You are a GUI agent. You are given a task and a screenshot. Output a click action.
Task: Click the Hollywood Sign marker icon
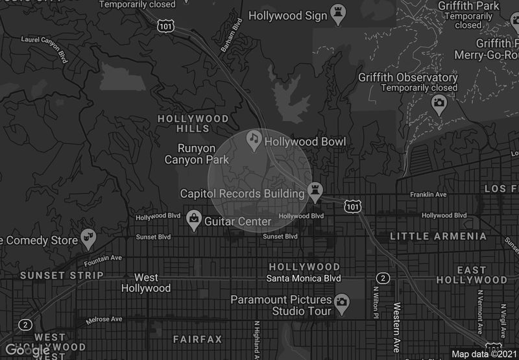pyautogui.click(x=337, y=11)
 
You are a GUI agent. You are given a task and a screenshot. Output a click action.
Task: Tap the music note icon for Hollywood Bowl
pyautogui.click(x=254, y=139)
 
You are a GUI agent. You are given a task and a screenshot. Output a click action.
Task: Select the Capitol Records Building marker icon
pyautogui.click(x=316, y=190)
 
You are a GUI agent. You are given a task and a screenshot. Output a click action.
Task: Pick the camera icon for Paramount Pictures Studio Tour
pyautogui.click(x=341, y=301)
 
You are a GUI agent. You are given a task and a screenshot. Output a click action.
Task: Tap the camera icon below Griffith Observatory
pyautogui.click(x=439, y=102)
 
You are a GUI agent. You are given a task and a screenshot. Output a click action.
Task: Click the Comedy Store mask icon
pyautogui.click(x=88, y=239)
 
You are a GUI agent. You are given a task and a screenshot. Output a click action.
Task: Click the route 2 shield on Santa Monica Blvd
pyautogui.click(x=384, y=278)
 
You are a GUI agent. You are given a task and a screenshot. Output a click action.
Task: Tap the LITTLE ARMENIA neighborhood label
pyautogui.click(x=438, y=236)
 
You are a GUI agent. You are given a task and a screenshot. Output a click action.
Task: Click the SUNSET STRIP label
pyautogui.click(x=62, y=275)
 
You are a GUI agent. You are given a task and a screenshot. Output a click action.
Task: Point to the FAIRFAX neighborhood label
pyautogui.click(x=197, y=339)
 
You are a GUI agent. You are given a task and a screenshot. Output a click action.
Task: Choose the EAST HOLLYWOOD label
pyautogui.click(x=472, y=274)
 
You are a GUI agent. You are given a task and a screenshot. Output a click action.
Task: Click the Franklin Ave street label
pyautogui.click(x=428, y=195)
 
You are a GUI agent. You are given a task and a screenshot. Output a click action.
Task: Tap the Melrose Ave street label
pyautogui.click(x=104, y=319)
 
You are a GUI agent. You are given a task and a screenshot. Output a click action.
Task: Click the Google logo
pyautogui.click(x=27, y=350)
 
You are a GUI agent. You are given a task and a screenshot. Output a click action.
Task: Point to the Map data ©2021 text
pyautogui.click(x=483, y=354)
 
